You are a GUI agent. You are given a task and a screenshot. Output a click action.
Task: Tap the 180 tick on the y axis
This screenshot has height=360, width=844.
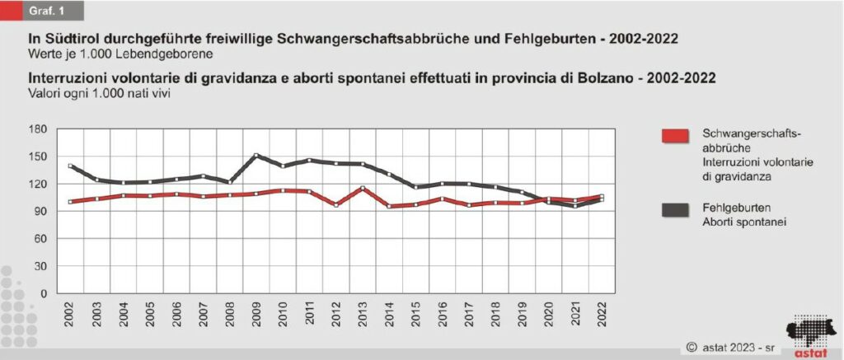[37, 129]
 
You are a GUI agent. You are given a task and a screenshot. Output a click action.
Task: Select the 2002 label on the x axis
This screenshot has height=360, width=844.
[70, 312]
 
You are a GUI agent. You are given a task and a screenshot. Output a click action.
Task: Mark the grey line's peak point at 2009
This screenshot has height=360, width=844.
[256, 155]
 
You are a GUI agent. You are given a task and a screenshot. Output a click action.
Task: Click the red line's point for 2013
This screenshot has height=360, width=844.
[362, 189]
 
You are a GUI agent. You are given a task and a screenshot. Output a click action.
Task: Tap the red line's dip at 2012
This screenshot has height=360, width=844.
[335, 204]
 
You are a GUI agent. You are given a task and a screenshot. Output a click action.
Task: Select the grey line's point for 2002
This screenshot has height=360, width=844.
[71, 166]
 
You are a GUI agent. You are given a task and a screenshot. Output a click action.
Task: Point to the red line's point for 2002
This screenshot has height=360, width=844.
[71, 201]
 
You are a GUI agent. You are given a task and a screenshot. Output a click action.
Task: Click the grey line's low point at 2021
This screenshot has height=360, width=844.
[574, 206]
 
